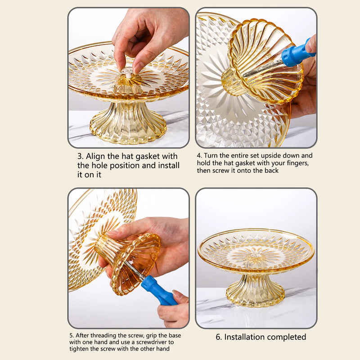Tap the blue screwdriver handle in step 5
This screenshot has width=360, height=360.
(158, 291)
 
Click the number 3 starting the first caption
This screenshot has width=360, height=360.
(80, 156)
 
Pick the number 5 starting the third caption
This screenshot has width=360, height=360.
(71, 335)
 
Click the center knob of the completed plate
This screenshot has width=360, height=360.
(256, 256)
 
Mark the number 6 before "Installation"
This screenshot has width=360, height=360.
(218, 337)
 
